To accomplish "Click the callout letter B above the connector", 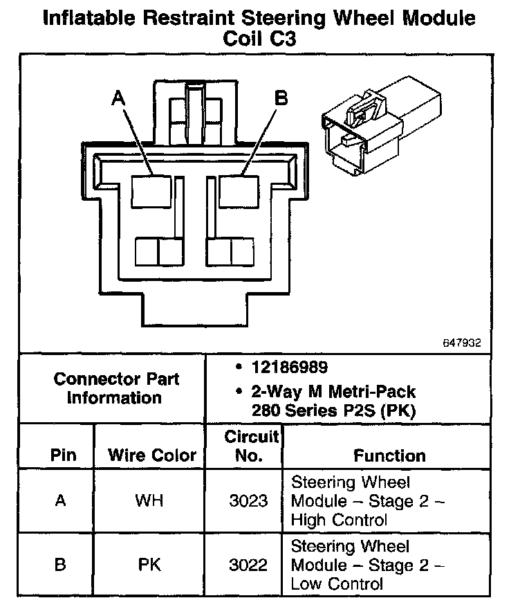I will pyautogui.click(x=281, y=99).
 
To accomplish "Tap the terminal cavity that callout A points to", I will pyautogui.click(x=151, y=190).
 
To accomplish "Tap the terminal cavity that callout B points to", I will pyautogui.click(x=238, y=190).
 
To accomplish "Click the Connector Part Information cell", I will pyautogui.click(x=115, y=388).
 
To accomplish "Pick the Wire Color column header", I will pyautogui.click(x=152, y=456).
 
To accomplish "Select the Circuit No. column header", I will pyautogui.click(x=252, y=446).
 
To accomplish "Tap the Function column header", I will pyautogui.click(x=390, y=456).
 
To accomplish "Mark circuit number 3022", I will pyautogui.click(x=248, y=565).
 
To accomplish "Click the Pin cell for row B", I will pyautogui.click(x=61, y=565).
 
